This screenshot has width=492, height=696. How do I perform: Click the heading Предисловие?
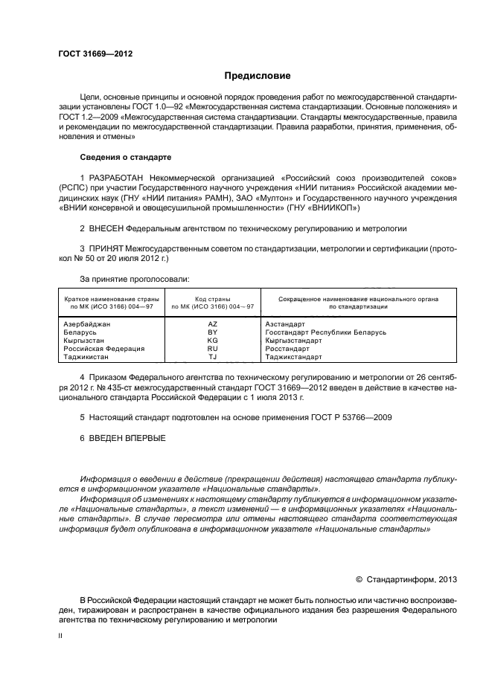[x=258, y=76]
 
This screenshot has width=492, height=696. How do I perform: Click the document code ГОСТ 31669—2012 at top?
[x=95, y=54]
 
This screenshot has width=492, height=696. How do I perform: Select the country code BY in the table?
[x=212, y=332]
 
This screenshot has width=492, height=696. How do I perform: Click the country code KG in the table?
[x=212, y=341]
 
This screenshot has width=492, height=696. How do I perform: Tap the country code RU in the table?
[x=212, y=349]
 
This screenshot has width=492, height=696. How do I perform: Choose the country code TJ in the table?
[x=212, y=357]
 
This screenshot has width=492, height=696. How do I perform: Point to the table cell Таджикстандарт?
[x=294, y=357]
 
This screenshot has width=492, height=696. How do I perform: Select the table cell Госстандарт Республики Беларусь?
[x=325, y=332]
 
